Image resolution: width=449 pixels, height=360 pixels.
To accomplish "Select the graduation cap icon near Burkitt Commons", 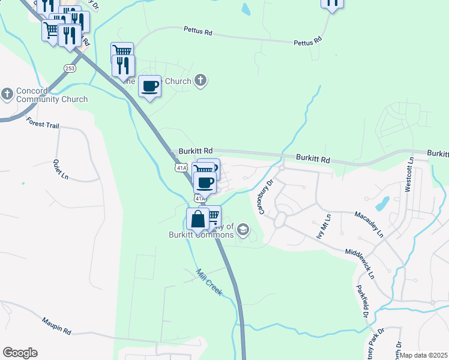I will [x=243, y=229].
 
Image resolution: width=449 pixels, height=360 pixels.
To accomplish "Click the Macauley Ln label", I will [x=368, y=223].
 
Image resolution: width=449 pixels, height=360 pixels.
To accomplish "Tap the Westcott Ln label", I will [x=409, y=174].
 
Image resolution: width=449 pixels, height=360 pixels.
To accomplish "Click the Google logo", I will [x=20, y=353].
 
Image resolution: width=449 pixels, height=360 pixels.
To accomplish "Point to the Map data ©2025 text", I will [x=424, y=355].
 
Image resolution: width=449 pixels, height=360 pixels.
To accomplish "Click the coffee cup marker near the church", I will [x=149, y=86].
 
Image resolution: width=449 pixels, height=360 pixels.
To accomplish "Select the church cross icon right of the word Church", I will [x=201, y=81].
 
